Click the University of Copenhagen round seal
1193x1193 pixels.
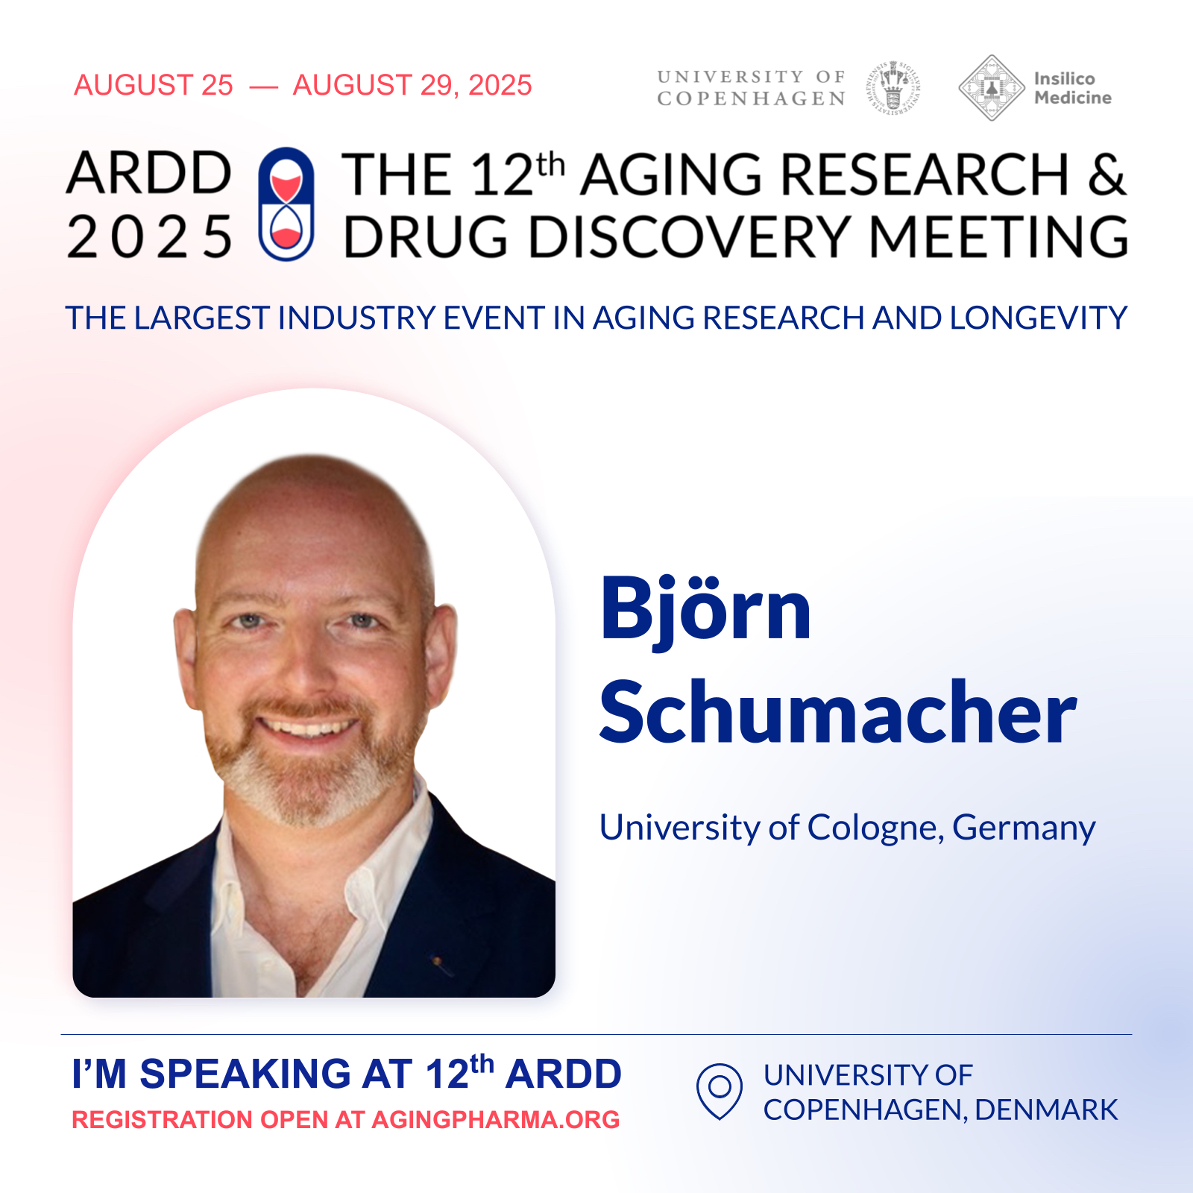894,88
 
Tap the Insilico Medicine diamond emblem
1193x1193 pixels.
991,88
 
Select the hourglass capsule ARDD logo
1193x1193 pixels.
286,204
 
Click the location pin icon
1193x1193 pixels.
719,1091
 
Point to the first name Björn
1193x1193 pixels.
705,609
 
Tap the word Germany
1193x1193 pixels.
1024,829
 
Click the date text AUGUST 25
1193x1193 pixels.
154,85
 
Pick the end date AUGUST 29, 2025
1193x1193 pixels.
412,86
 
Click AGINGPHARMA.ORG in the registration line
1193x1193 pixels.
495,1119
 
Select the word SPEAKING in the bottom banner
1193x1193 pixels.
245,1074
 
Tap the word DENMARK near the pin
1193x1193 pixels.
1046,1109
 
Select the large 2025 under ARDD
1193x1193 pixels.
149,237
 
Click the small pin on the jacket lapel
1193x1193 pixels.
441,964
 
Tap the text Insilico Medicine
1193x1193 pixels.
1072,88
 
